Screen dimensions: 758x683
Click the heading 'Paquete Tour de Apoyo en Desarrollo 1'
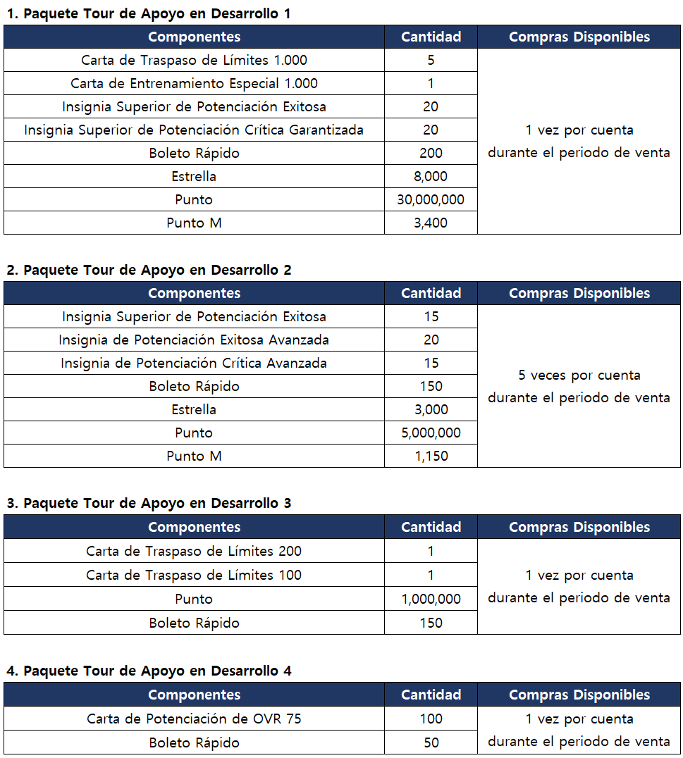tap(148, 13)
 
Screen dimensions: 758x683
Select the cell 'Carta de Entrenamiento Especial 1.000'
tap(194, 83)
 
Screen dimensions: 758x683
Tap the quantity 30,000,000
tap(431, 199)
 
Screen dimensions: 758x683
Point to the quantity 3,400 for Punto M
tap(431, 223)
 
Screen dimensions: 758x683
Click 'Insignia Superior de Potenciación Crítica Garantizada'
tap(194, 130)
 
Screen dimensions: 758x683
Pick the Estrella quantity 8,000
tap(431, 176)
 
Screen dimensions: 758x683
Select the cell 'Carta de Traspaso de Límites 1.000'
tap(194, 60)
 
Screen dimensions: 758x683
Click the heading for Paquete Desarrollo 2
tap(148, 270)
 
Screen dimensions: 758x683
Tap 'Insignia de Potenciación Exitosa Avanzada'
tap(194, 340)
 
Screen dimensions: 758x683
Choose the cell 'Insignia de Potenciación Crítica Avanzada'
tap(194, 363)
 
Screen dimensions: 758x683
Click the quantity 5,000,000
tap(431, 433)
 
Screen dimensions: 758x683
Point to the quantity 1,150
tap(431, 456)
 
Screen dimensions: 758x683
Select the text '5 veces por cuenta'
tap(579, 375)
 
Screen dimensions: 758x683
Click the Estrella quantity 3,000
tap(431, 409)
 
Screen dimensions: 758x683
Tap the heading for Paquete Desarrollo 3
tap(148, 503)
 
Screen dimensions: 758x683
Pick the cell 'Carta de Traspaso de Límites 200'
tap(194, 551)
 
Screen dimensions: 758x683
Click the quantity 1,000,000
tap(431, 599)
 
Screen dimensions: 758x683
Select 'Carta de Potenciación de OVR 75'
tap(194, 719)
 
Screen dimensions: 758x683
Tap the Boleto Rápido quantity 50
tap(431, 743)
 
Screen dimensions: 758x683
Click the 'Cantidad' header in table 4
tap(431, 695)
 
